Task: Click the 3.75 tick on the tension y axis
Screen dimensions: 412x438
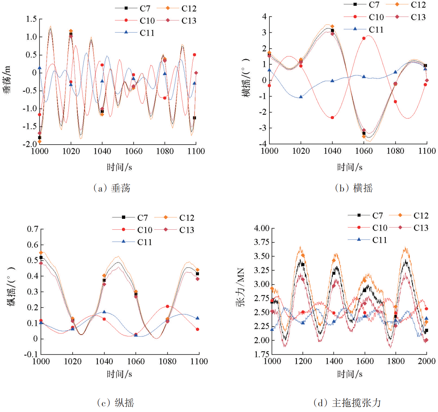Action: point(261,242)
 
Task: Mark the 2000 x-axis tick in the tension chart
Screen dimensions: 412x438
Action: point(426,361)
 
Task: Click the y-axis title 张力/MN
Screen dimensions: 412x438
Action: point(241,287)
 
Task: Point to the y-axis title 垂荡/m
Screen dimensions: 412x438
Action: point(8,79)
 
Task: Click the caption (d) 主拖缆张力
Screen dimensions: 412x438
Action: point(347,403)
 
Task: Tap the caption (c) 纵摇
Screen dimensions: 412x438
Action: point(115,403)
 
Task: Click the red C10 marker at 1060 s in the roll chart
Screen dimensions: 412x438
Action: point(364,38)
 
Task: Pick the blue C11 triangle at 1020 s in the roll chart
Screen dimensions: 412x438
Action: point(301,97)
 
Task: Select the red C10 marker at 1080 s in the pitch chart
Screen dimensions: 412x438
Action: point(168,306)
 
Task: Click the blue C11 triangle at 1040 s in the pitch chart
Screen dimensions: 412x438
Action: point(104,312)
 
